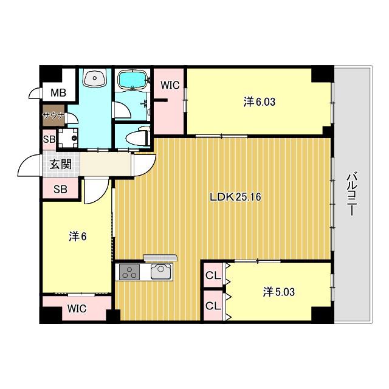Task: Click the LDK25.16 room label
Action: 235,197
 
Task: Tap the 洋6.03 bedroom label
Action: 260,102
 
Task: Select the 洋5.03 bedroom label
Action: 278,292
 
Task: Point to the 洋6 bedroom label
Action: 77,236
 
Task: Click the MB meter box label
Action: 58,93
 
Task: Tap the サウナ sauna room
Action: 53,115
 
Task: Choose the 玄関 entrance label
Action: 61,164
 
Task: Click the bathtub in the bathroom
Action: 133,79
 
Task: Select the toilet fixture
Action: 138,136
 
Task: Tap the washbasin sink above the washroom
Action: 95,77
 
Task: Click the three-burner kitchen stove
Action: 129,272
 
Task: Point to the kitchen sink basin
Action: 160,272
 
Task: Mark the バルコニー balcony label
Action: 351,194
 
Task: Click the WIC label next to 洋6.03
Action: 170,85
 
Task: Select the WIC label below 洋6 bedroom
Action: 77,308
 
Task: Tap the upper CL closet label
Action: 213,275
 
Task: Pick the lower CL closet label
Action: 213,306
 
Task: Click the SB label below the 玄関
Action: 61,189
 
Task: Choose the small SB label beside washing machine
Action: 49,139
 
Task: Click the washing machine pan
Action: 67,139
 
